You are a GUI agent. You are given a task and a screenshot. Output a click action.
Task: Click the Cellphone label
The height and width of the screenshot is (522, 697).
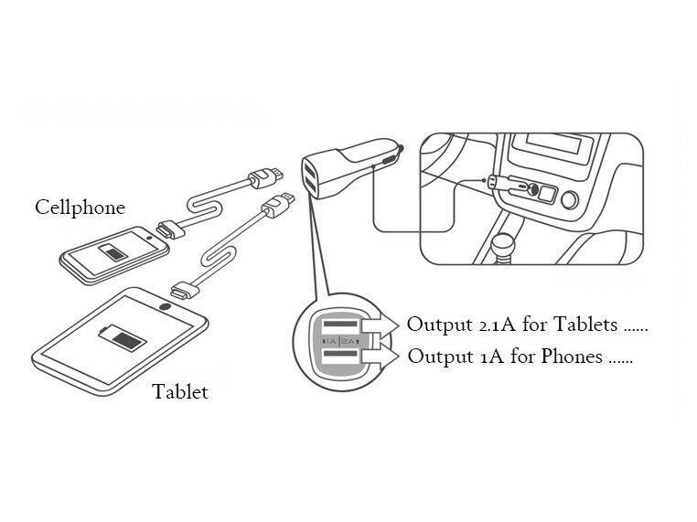[80, 207]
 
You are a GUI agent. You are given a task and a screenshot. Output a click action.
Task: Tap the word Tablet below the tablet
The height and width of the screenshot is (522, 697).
[180, 392]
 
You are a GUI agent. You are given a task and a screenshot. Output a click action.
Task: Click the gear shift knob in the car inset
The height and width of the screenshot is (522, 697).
[502, 244]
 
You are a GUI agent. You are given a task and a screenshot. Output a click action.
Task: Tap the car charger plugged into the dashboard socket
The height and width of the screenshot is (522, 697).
[499, 184]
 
